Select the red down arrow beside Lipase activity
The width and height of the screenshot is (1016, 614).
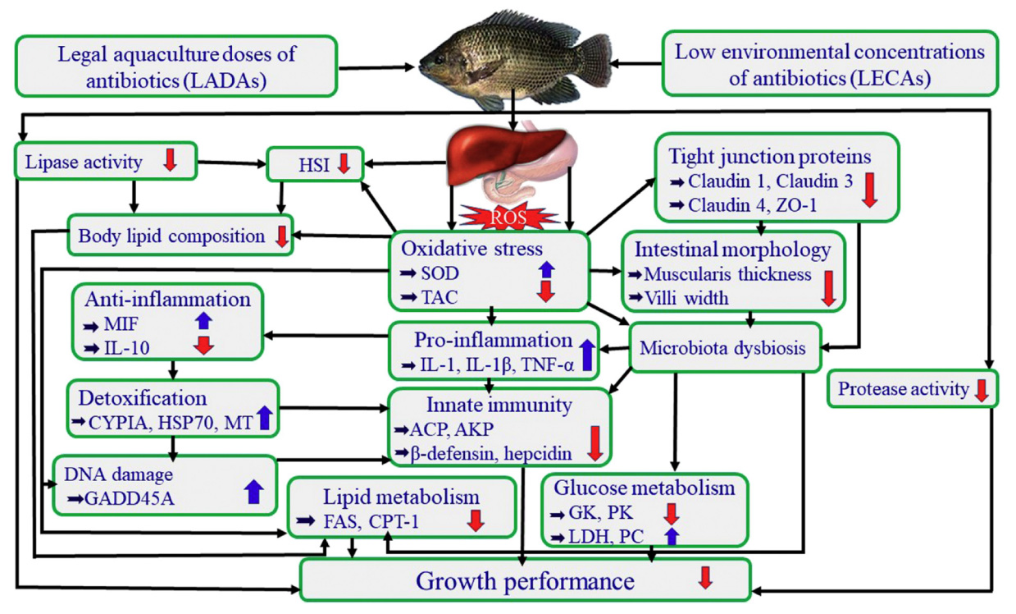tap(170, 159)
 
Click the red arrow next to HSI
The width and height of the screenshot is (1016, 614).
tap(344, 164)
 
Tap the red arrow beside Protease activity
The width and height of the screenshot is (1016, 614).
tap(981, 390)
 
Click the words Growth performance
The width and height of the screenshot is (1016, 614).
tap(525, 581)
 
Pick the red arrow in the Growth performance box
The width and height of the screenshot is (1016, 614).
tap(704, 578)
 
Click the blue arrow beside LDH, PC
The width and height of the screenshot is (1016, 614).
tap(672, 536)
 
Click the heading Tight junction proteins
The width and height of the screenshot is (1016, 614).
tap(769, 156)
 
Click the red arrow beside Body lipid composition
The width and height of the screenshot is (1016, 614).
tap(281, 236)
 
